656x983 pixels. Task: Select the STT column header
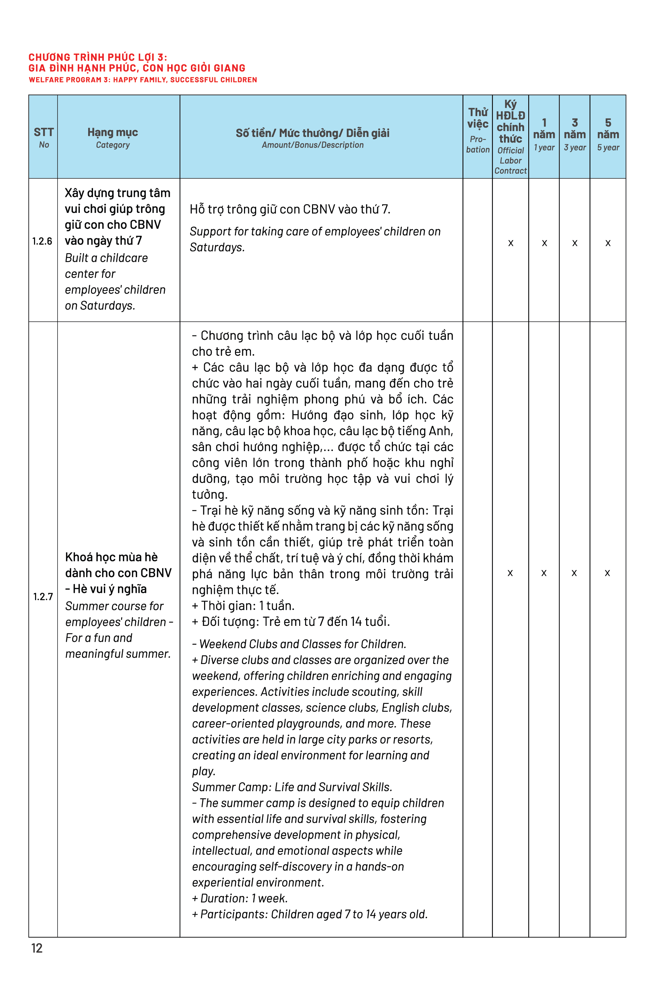point(43,137)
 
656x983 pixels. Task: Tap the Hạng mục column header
point(112,137)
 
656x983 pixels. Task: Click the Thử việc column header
point(478,130)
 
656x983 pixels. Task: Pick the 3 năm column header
point(575,134)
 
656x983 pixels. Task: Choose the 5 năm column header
point(608,134)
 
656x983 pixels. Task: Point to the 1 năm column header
point(544,134)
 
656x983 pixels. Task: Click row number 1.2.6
point(42,241)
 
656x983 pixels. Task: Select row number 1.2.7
point(43,596)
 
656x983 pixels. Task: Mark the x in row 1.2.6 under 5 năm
point(608,243)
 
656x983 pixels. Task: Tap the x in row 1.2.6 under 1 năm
point(544,243)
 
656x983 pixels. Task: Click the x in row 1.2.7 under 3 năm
point(574,573)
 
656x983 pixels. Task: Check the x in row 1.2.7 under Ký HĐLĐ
point(510,573)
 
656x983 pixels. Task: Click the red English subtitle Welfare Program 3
point(143,80)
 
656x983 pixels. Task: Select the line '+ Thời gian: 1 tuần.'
point(243,606)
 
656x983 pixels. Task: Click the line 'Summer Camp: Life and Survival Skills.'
point(292,787)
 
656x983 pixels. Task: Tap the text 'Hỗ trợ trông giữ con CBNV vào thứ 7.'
point(290,209)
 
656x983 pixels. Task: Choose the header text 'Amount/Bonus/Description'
point(312,145)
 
